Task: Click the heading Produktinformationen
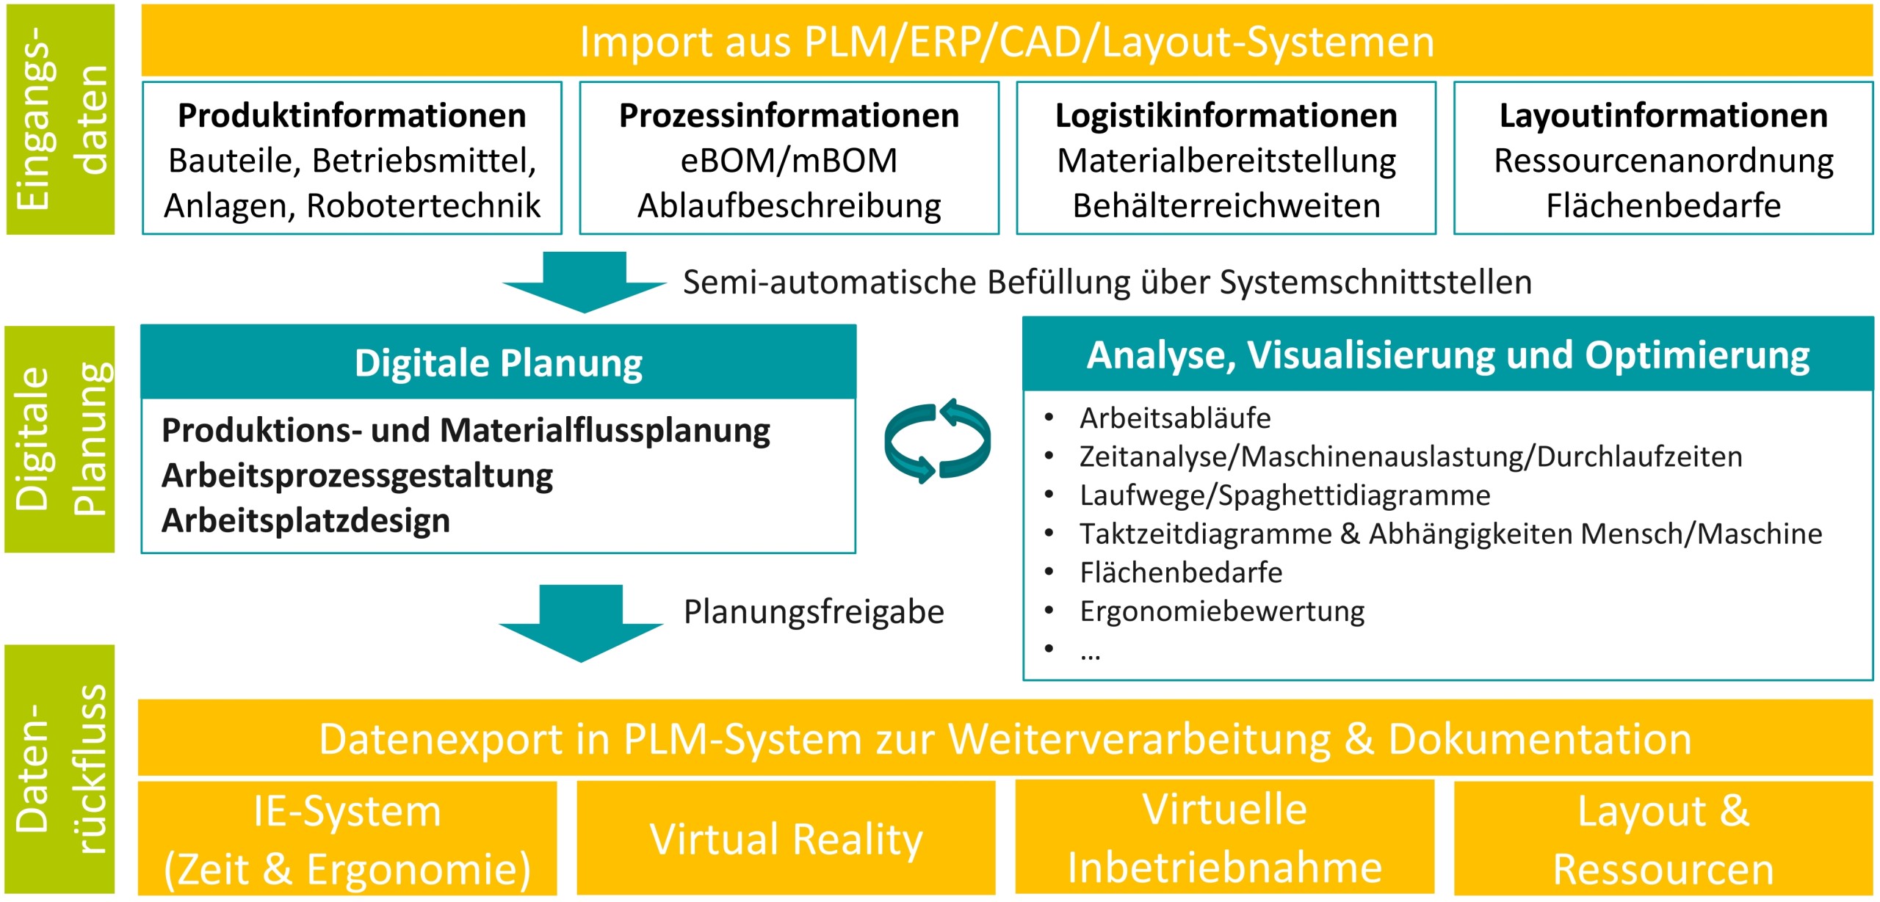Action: point(352,116)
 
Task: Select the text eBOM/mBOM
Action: point(789,161)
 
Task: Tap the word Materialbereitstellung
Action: point(1226,161)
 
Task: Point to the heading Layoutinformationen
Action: point(1663,116)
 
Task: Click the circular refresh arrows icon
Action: point(937,441)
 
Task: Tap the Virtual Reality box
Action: point(786,838)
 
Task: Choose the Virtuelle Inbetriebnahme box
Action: point(1224,838)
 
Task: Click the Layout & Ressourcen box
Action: point(1663,840)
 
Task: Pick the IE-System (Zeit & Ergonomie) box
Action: point(347,840)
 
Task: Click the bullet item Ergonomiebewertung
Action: point(1221,611)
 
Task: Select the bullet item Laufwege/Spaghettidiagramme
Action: point(1284,495)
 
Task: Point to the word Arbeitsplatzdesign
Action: point(305,520)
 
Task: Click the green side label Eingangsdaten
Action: point(60,119)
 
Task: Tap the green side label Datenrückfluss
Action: point(60,769)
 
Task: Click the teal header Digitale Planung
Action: point(498,363)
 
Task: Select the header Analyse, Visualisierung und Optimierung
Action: point(1447,355)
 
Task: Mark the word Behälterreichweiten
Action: point(1226,206)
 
